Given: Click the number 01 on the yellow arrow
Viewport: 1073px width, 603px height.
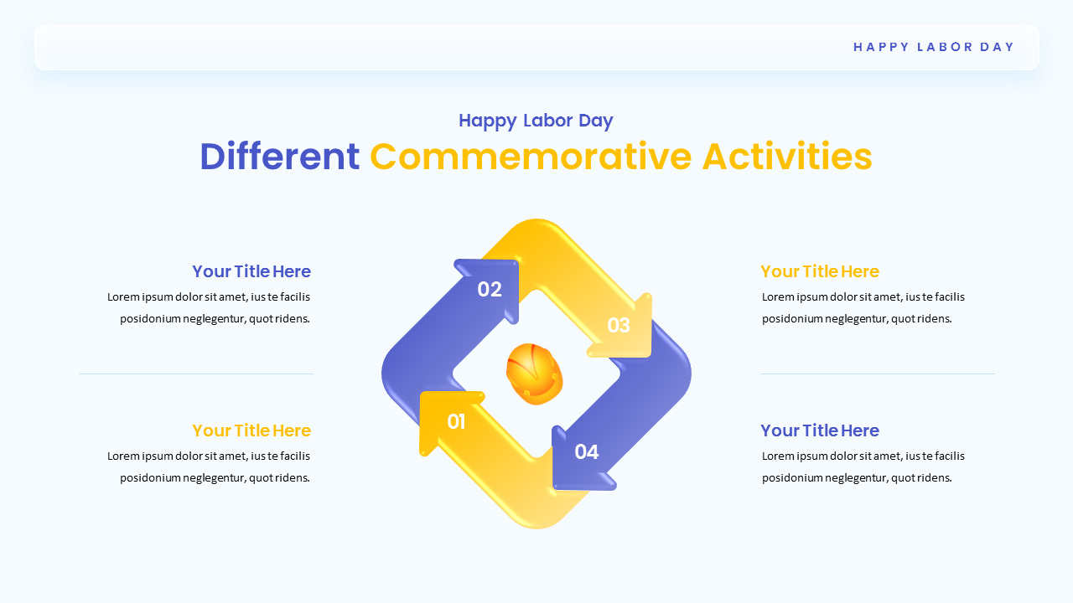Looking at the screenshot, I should click(x=456, y=422).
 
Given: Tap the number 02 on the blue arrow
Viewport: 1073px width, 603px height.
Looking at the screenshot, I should click(x=490, y=290).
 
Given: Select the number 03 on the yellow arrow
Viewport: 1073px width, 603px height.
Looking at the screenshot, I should click(x=619, y=326).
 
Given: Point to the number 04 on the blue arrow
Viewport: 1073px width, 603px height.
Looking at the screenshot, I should click(x=587, y=452).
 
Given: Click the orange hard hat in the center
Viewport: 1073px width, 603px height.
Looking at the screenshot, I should click(x=534, y=374).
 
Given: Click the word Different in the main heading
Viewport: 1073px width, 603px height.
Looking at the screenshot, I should click(x=279, y=157).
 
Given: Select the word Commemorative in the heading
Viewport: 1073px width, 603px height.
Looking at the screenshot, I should click(x=531, y=157).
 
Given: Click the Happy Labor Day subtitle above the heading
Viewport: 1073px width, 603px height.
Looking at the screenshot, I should click(x=536, y=121).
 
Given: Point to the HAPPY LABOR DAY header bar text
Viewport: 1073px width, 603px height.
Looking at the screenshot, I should click(x=934, y=47).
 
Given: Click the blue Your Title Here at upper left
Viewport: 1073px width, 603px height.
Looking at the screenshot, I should click(x=251, y=271).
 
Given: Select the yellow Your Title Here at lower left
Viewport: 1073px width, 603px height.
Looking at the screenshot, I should click(x=251, y=430).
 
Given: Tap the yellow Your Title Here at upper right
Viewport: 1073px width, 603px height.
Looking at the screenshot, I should click(x=819, y=271).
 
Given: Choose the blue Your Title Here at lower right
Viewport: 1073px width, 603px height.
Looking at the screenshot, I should click(x=819, y=430).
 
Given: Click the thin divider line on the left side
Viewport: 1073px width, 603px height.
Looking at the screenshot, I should click(x=195, y=374).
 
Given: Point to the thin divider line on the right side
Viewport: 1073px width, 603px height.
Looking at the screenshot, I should click(x=877, y=374).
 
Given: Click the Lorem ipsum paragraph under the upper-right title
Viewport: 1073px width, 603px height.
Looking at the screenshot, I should click(x=863, y=307).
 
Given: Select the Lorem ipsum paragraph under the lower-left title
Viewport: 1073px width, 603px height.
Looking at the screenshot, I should click(x=210, y=466).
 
